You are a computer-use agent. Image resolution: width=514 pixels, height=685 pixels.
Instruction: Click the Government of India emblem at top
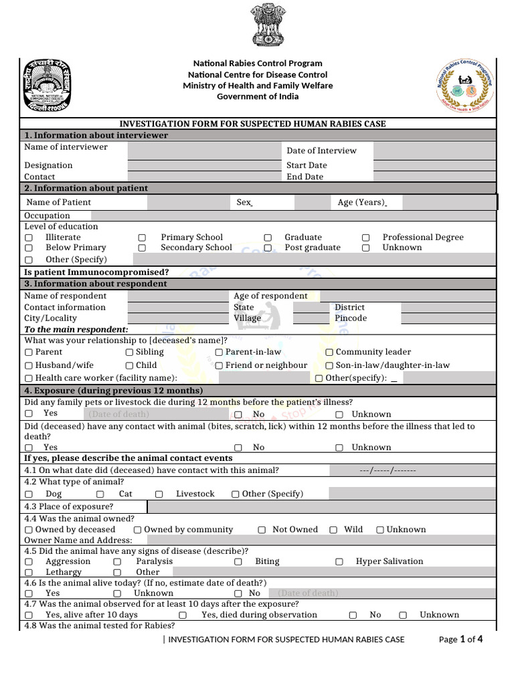tap(268, 25)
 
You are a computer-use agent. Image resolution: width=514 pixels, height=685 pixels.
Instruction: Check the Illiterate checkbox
tap(29, 237)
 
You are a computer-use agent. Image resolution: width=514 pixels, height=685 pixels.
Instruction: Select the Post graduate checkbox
tap(268, 248)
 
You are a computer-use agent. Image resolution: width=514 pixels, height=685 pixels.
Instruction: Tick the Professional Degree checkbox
tap(366, 237)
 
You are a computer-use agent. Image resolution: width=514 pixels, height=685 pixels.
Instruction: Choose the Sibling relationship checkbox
tap(130, 353)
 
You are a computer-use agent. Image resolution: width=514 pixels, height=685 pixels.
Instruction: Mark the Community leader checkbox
tap(329, 353)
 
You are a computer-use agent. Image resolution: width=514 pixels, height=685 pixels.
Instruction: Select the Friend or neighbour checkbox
tap(219, 366)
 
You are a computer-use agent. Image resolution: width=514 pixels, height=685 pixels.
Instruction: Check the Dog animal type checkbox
tap(29, 494)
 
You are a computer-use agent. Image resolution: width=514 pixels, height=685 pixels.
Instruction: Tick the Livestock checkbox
tap(159, 494)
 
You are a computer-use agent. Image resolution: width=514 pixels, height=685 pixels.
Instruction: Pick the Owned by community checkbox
tap(138, 530)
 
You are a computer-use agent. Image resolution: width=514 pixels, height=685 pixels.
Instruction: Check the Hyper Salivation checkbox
tap(339, 562)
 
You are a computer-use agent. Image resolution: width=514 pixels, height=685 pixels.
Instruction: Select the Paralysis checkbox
tap(117, 562)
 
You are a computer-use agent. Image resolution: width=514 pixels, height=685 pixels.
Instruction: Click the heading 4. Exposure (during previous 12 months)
tap(113, 391)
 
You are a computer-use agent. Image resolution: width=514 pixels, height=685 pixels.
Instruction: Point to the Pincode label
tap(351, 318)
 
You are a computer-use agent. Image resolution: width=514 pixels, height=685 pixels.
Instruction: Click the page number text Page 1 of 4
tap(460, 640)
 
